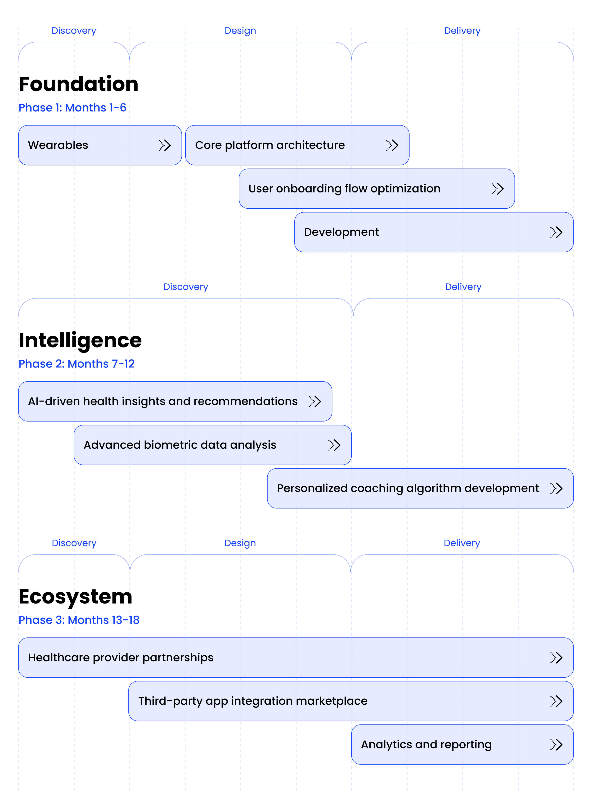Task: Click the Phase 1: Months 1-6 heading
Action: (x=72, y=108)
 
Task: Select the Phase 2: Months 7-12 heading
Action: (x=76, y=364)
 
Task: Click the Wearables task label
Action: (x=58, y=145)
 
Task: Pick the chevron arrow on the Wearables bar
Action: (x=165, y=145)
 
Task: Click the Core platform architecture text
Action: (x=270, y=145)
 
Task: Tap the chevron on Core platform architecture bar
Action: (x=392, y=145)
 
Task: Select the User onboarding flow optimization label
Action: (x=344, y=189)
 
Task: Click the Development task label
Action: (x=341, y=232)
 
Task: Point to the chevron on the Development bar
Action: (x=556, y=232)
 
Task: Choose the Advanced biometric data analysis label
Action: (x=180, y=445)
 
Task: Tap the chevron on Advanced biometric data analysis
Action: (x=334, y=445)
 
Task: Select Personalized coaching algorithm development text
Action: (x=408, y=488)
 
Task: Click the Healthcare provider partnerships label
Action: (x=121, y=658)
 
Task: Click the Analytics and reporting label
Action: (x=426, y=745)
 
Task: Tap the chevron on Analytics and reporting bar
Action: (x=556, y=745)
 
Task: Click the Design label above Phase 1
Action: (x=240, y=31)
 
